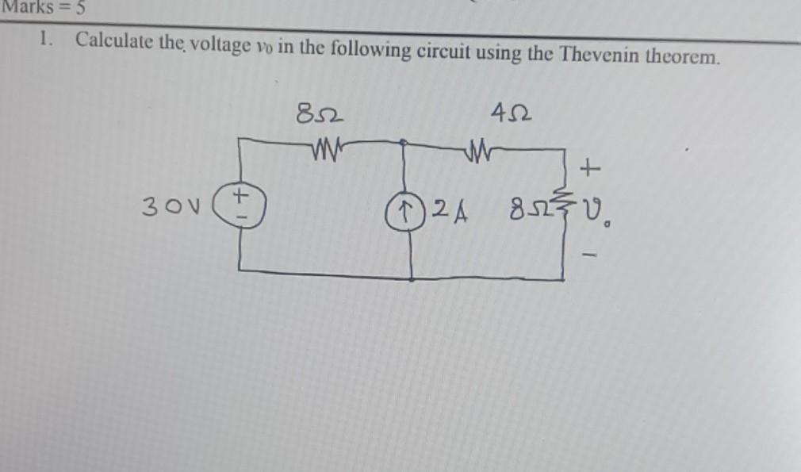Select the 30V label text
point(165,208)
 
